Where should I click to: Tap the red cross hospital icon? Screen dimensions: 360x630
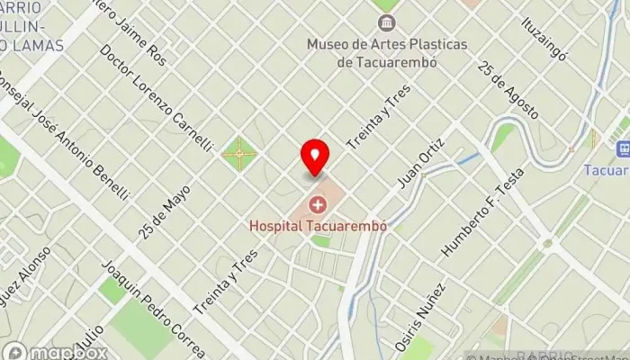tap(317, 206)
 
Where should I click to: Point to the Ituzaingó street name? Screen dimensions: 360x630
tap(546, 38)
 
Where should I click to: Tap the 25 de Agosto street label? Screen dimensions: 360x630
tap(508, 90)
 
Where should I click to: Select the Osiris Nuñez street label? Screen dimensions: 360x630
tap(420, 317)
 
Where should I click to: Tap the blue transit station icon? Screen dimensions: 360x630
tap(620, 148)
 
